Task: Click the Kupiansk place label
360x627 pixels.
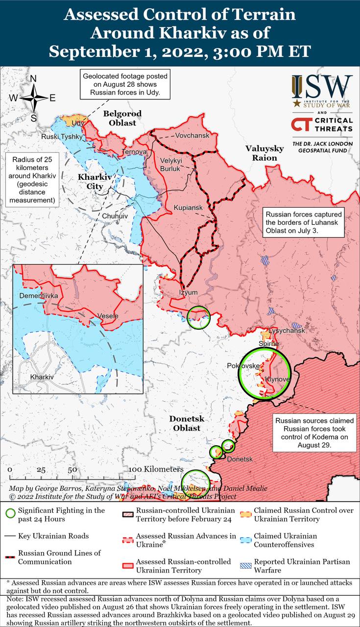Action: click(188, 208)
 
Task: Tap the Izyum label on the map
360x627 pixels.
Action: click(188, 292)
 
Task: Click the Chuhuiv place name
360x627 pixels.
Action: click(115, 216)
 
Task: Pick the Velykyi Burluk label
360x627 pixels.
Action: click(170, 164)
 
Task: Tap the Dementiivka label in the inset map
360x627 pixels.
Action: click(39, 296)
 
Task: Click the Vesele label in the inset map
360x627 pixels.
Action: click(107, 315)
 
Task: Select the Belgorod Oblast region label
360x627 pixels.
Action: click(122, 118)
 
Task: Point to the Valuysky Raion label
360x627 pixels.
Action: click(264, 153)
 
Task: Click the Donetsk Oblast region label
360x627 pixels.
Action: click(187, 423)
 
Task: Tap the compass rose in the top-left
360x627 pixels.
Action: click(33, 98)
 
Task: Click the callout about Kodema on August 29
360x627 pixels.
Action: click(314, 433)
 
